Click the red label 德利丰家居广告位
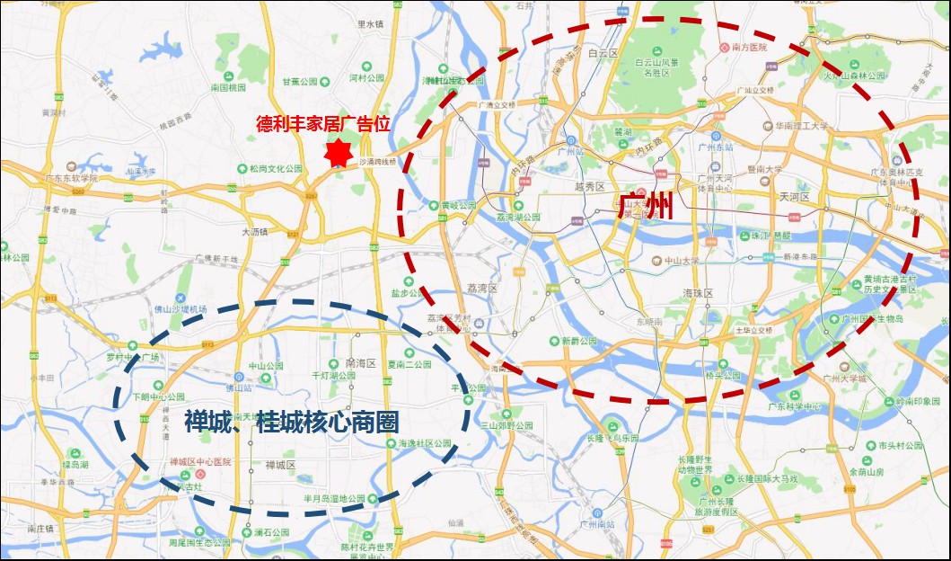point(323,123)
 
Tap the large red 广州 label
point(647,206)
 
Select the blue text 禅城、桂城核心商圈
point(291,422)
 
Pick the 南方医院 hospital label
point(749,47)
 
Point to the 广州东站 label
point(716,147)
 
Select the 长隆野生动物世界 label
point(695,463)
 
